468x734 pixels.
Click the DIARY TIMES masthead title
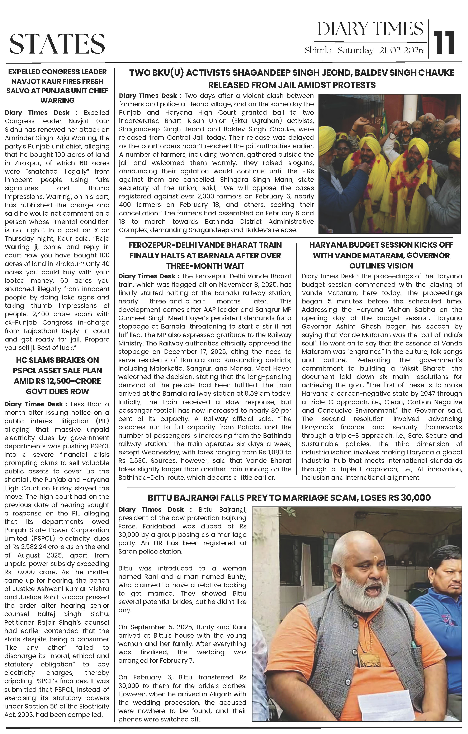370,29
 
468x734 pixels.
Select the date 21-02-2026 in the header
401,50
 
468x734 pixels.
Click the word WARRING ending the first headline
57,100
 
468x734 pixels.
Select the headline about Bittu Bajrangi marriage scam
289,498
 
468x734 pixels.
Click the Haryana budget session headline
381,255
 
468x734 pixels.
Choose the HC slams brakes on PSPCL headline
57,376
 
